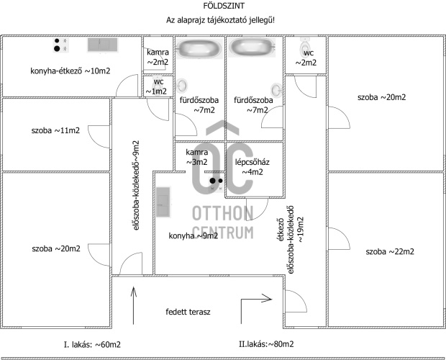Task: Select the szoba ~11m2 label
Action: [x=55, y=131]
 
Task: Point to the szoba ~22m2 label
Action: [x=390, y=251]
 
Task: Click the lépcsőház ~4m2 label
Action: [x=252, y=167]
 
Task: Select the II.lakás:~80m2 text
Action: [x=266, y=344]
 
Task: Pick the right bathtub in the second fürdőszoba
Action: [x=252, y=48]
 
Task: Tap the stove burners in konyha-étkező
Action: [x=59, y=45]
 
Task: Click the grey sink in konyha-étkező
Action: [x=102, y=45]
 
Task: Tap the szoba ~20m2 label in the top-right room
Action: [x=381, y=97]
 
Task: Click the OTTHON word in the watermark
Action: [x=223, y=213]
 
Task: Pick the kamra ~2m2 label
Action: [x=158, y=58]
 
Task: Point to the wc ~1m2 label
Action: [x=158, y=86]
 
